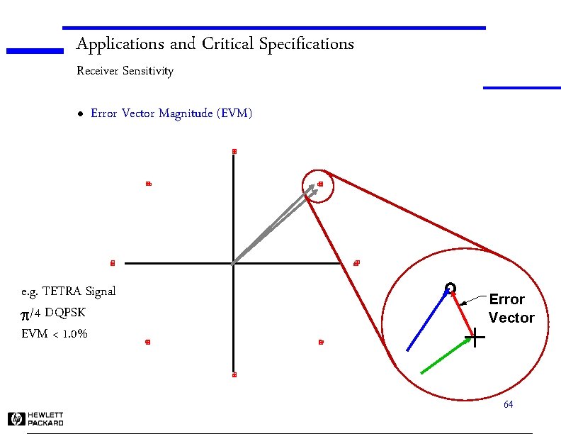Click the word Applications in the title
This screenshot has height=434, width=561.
[x=120, y=45]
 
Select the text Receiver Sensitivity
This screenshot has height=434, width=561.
[x=124, y=71]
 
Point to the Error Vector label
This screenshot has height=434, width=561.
[x=511, y=308]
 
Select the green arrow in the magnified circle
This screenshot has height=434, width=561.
[x=446, y=355]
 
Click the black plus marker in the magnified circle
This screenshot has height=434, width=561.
[x=478, y=338]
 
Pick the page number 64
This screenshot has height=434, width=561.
[x=508, y=404]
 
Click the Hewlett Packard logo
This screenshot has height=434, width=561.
[x=36, y=419]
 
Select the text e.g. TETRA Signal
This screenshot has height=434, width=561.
[x=68, y=291]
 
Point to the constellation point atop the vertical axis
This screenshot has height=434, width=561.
[x=234, y=151]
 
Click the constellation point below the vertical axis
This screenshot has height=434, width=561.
[x=234, y=374]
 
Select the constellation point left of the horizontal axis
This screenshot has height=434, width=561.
[x=112, y=264]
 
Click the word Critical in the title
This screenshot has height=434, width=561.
[x=227, y=45]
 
